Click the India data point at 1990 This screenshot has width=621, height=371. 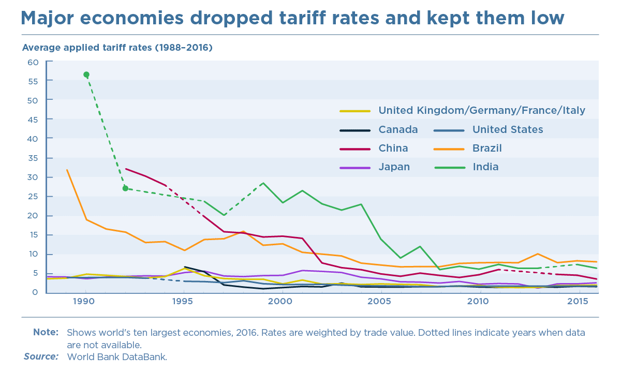(x=86, y=75)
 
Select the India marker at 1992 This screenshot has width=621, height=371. (x=125, y=188)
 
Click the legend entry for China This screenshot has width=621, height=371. (x=393, y=149)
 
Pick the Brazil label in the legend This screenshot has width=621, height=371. (x=487, y=149)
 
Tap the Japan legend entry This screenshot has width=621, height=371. (x=394, y=167)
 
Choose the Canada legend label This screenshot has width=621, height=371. (x=398, y=130)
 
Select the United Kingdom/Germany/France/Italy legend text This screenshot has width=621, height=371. (x=482, y=111)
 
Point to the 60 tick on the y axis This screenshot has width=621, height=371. (x=33, y=62)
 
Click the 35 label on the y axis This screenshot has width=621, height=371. (x=33, y=158)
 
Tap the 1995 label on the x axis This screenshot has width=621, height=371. (x=183, y=302)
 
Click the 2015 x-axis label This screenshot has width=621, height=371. (x=578, y=302)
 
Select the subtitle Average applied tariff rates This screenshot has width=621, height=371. (x=117, y=48)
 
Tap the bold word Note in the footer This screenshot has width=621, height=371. (x=46, y=332)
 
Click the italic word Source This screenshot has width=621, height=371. (x=41, y=357)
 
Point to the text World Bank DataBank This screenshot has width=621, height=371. (x=117, y=357)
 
